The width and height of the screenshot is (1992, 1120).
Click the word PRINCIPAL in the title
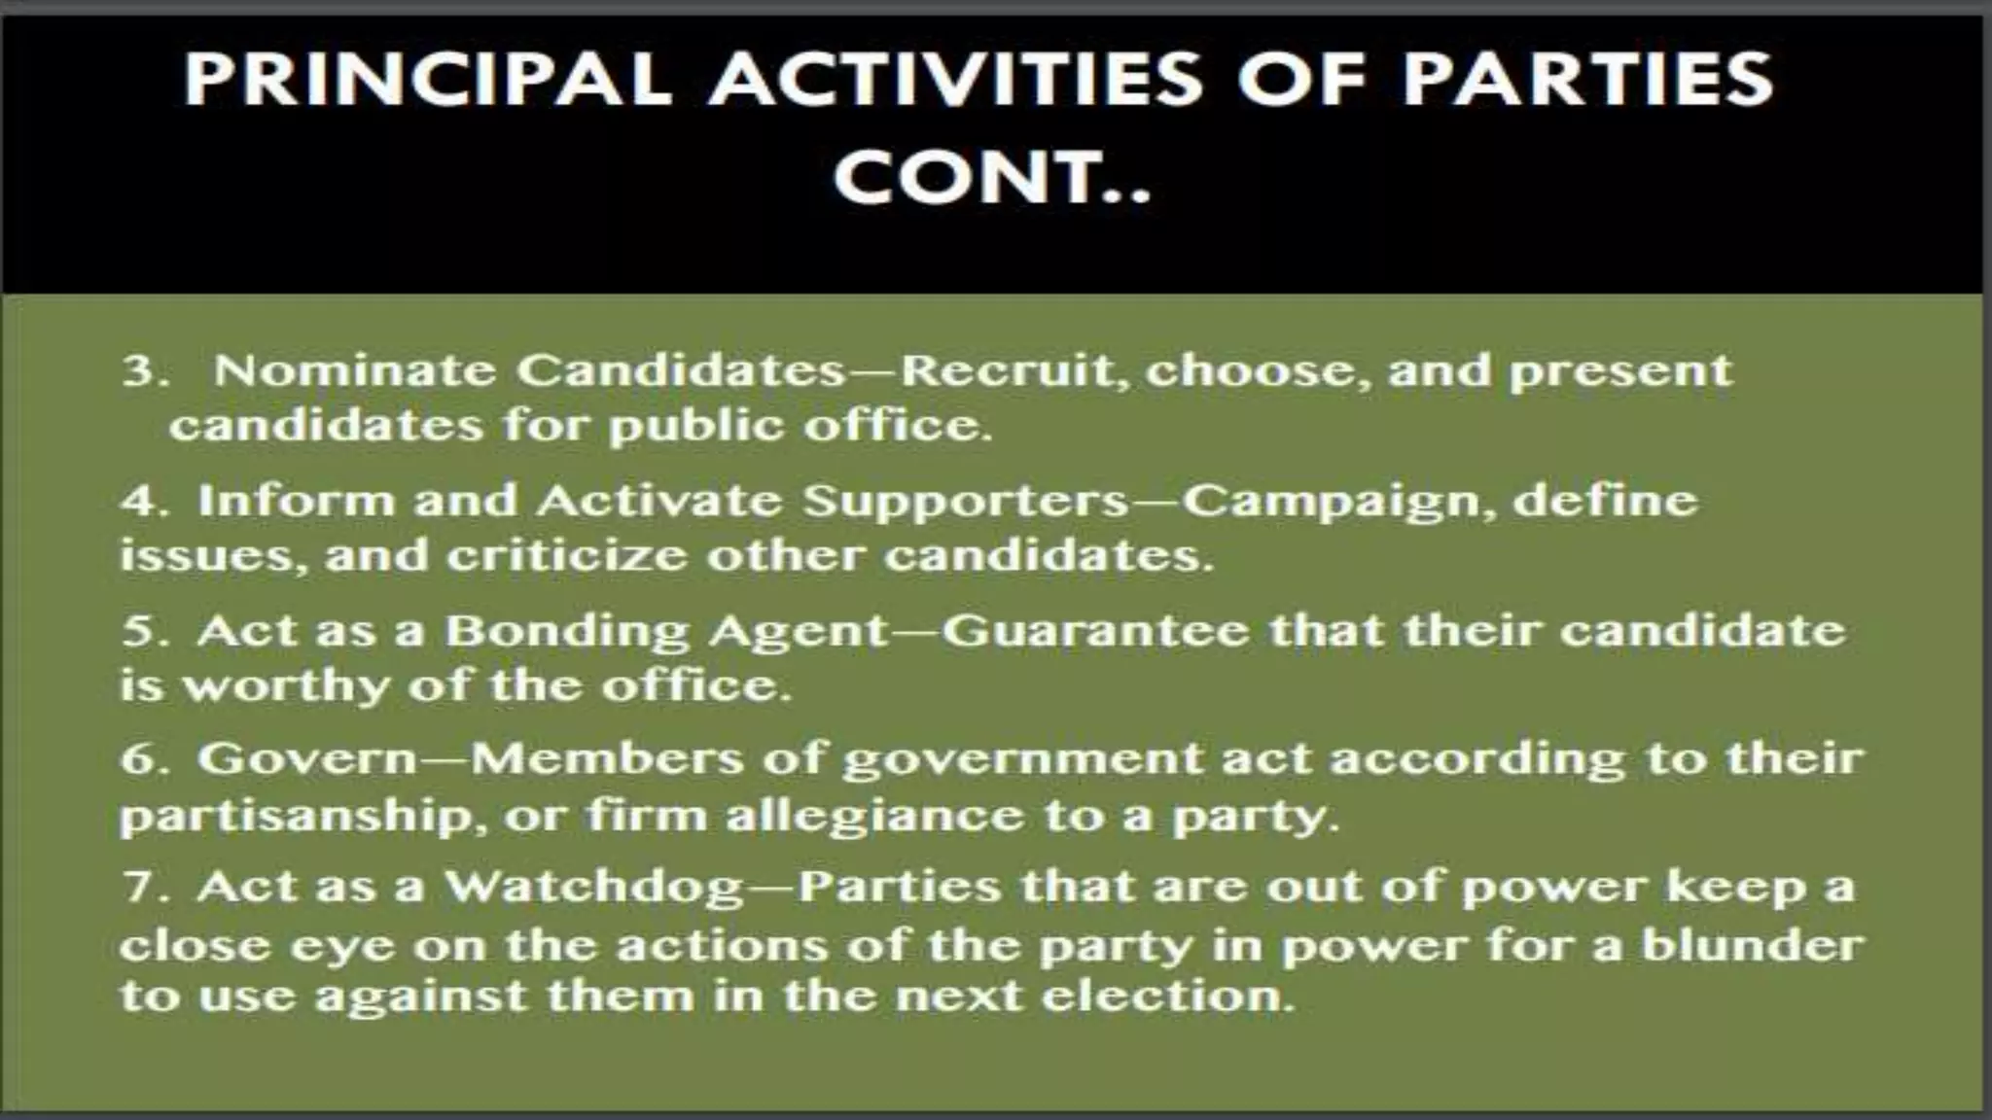click(x=427, y=79)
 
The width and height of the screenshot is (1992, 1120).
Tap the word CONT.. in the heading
click(x=992, y=177)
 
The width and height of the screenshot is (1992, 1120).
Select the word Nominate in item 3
click(x=354, y=370)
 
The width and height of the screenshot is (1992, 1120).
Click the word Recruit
click(x=1012, y=370)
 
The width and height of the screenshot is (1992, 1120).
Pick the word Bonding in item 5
click(x=568, y=632)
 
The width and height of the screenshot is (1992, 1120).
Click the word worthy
click(x=286, y=686)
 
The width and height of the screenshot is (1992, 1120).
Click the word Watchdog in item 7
click(x=593, y=888)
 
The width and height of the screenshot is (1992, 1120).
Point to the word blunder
click(x=1752, y=944)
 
